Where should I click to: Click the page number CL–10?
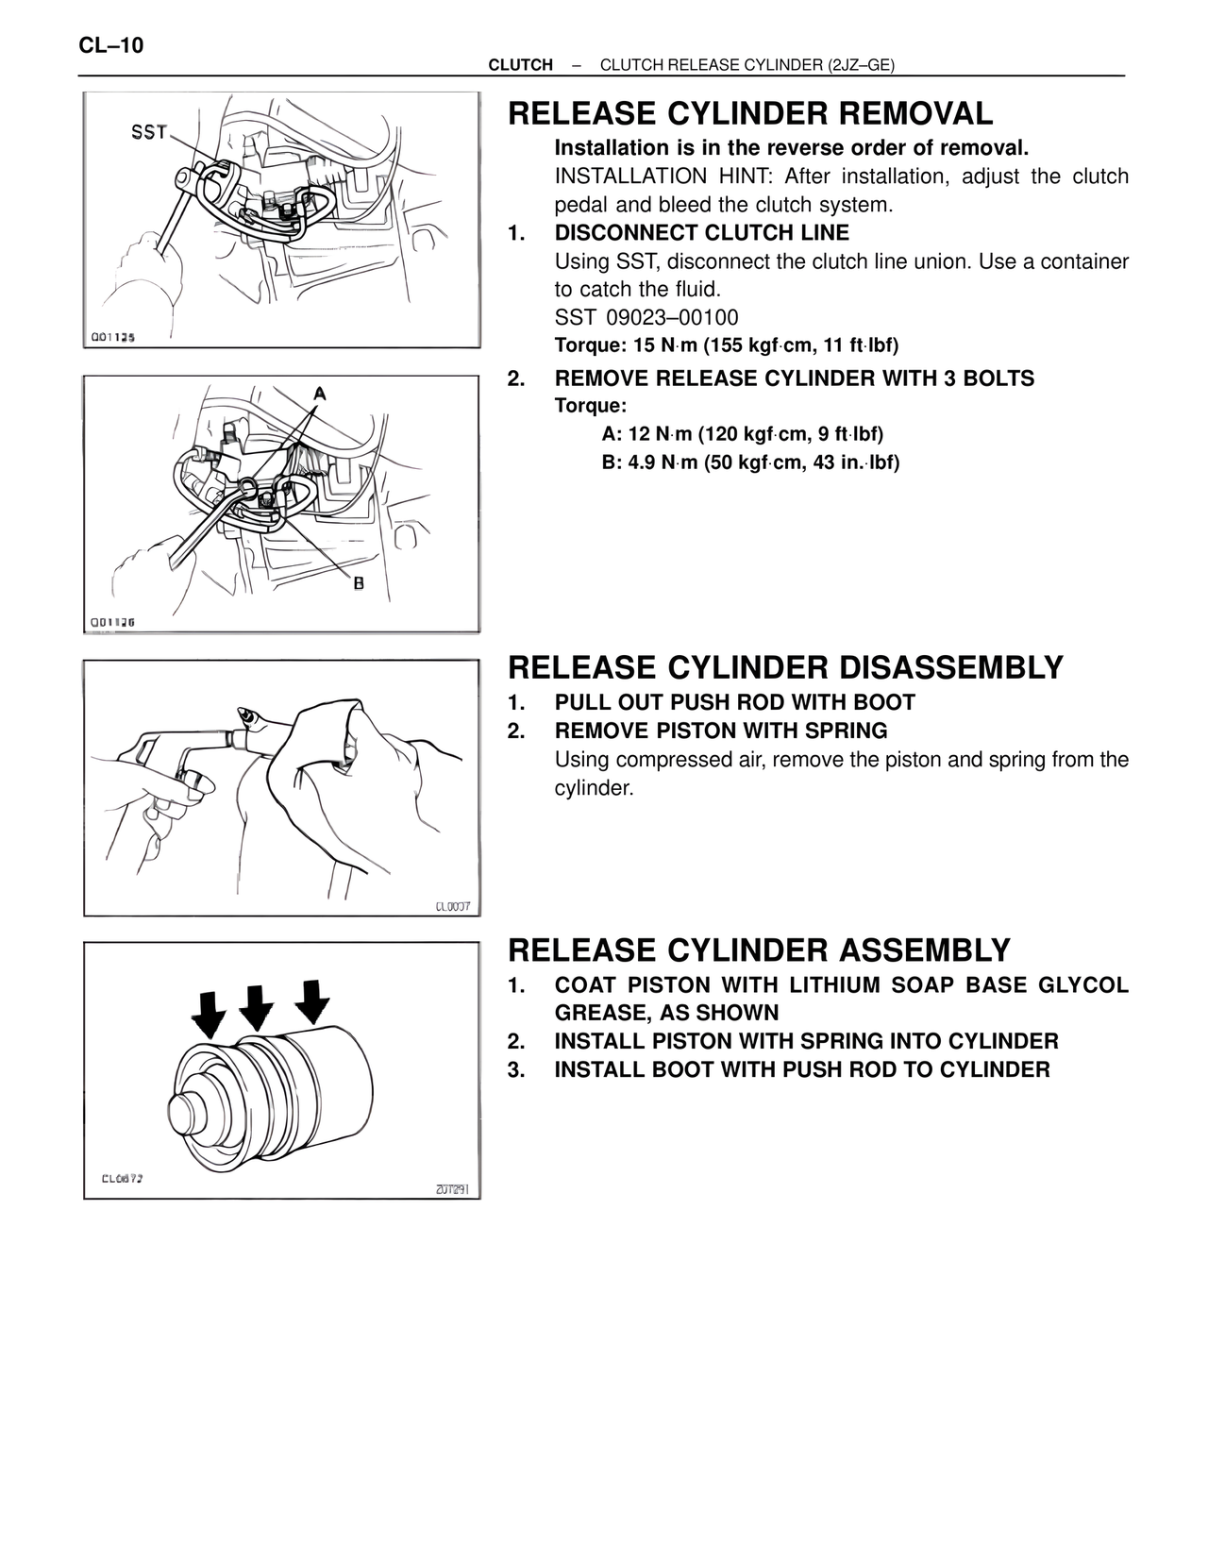(x=111, y=45)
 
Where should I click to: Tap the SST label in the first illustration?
(x=149, y=132)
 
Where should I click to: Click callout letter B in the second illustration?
(x=359, y=584)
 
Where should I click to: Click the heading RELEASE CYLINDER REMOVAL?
(x=750, y=114)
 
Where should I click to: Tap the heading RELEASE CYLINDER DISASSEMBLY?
(x=785, y=667)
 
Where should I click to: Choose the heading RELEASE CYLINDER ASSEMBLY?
(x=759, y=950)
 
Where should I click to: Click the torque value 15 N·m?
(x=651, y=345)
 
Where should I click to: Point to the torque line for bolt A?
(x=742, y=434)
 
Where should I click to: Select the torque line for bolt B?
(x=750, y=462)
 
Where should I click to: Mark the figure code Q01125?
(x=112, y=337)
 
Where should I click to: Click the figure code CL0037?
(x=452, y=907)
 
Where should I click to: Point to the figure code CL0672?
(x=122, y=1179)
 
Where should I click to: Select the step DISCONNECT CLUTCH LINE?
(x=701, y=233)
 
